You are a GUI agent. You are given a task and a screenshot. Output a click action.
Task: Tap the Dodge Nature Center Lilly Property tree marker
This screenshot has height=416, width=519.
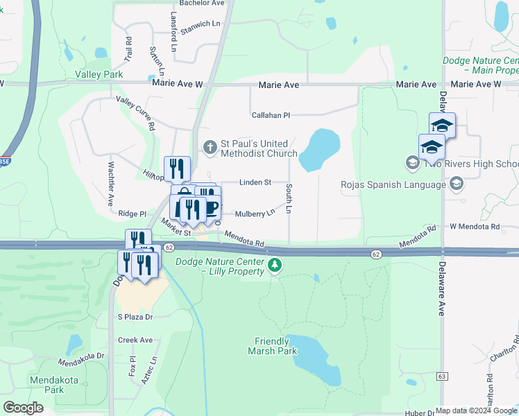tap(275, 264)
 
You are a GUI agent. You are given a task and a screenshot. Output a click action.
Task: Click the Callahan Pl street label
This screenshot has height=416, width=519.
tap(271, 115)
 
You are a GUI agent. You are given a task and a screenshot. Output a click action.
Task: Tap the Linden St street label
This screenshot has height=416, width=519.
tap(255, 182)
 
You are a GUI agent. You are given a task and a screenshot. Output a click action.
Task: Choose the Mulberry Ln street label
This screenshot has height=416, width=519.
tap(255, 214)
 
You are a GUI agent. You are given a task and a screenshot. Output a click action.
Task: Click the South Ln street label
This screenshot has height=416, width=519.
tap(289, 199)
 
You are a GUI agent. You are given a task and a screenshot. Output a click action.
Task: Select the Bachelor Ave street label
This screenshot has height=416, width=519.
tap(202, 3)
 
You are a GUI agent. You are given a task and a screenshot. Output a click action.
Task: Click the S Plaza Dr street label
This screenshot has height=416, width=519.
tap(135, 317)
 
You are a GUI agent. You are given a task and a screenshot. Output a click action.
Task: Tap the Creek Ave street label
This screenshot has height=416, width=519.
tap(135, 340)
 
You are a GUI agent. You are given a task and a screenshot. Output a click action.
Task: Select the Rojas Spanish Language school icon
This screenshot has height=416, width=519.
tap(456, 184)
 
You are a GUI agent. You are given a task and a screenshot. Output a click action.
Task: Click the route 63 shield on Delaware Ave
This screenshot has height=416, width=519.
tap(442, 376)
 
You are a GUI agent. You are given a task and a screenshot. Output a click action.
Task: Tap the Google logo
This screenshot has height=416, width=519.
tap(23, 408)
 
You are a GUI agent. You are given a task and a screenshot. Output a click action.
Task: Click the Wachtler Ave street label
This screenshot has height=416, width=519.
tap(110, 184)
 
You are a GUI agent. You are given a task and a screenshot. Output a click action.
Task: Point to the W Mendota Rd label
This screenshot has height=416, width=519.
tap(475, 227)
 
